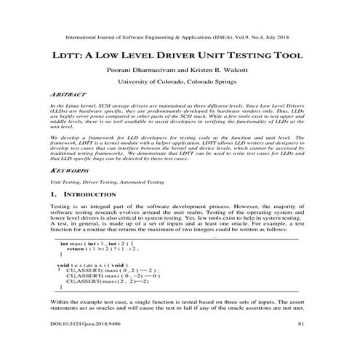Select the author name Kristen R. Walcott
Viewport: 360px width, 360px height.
pos(221,72)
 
